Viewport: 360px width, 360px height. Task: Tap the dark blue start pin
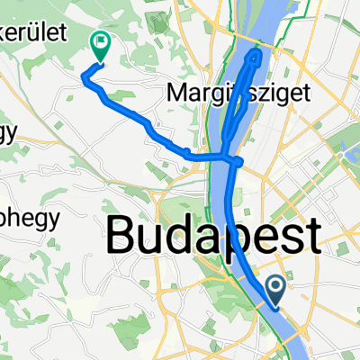(278, 289)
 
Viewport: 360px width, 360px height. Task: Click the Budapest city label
(213, 238)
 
